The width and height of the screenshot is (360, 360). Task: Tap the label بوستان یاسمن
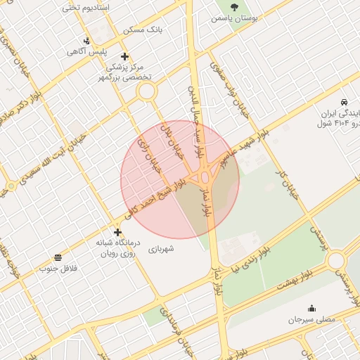point(234,18)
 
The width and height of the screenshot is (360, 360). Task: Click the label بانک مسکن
point(143,30)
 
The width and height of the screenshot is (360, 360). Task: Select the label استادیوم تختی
point(80,8)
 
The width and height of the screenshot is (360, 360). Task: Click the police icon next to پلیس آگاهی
point(86,41)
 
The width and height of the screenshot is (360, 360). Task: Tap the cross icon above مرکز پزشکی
point(124,56)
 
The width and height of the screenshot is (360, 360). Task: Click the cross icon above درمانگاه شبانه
point(117,232)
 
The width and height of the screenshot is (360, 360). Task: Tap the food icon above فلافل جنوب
point(57,257)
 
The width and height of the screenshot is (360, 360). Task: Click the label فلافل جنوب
point(57,269)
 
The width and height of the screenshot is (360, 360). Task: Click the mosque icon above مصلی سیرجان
point(311,308)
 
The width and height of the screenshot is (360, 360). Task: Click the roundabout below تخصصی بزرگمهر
point(146,91)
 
